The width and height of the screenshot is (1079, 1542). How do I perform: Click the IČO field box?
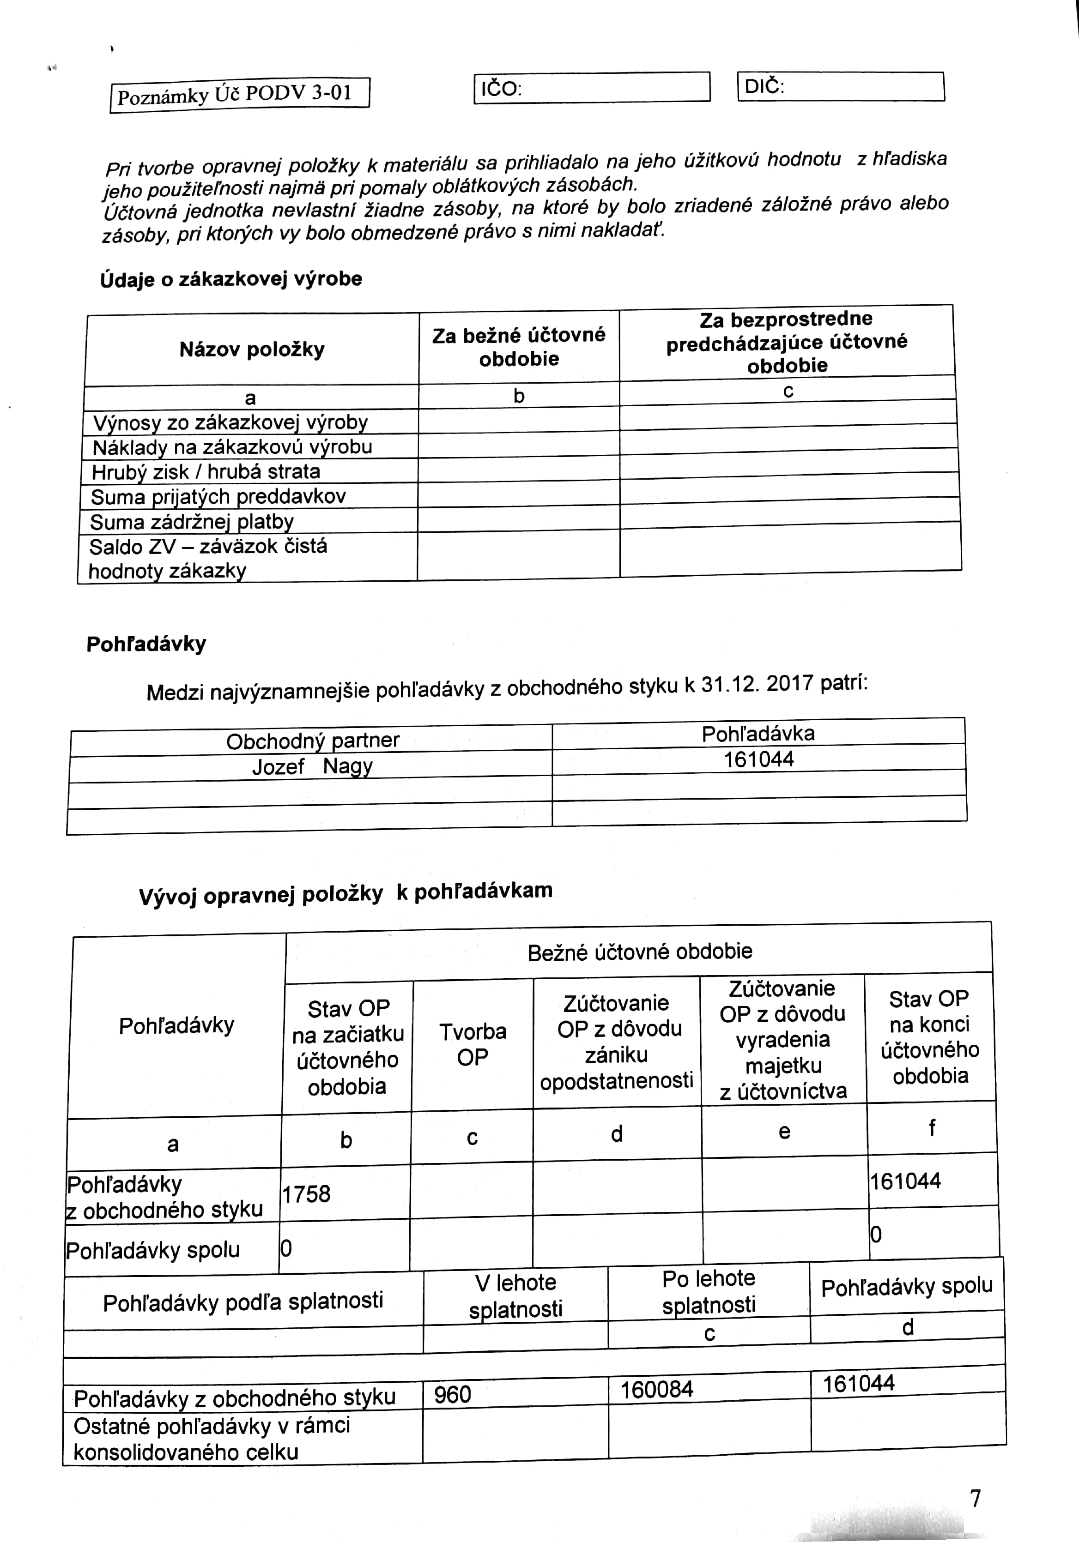click(591, 88)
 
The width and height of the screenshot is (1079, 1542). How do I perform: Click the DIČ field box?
click(841, 87)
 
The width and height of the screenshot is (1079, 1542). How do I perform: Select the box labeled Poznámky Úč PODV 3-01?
click(240, 94)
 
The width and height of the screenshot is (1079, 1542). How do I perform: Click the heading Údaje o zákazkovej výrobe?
click(231, 279)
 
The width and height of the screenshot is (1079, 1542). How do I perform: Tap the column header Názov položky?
click(252, 350)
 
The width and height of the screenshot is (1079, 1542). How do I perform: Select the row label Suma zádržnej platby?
click(192, 522)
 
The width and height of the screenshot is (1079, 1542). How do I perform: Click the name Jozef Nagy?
click(312, 766)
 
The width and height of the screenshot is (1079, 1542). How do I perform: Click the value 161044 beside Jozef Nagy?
click(758, 759)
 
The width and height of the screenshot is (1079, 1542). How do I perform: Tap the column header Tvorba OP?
click(473, 1044)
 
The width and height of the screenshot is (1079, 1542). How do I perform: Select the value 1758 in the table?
click(306, 1193)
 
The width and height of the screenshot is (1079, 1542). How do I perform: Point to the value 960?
click(452, 1395)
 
